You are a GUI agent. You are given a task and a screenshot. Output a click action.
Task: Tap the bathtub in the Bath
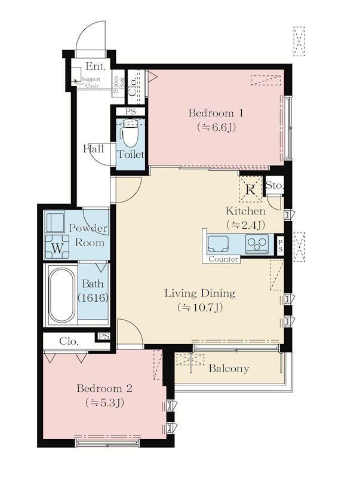pos(62,294)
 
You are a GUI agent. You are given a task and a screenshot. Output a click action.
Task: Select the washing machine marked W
pos(57,246)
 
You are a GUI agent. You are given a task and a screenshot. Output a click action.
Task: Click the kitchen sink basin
pos(218,244)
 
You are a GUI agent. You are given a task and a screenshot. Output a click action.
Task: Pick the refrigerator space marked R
pos(250,189)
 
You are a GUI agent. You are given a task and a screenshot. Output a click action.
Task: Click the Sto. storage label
pos(275,185)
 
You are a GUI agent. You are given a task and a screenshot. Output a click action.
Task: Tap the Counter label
pos(223,259)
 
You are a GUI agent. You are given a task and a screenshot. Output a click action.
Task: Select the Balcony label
pos(229,369)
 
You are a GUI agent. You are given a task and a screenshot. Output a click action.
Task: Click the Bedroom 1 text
pos(216,114)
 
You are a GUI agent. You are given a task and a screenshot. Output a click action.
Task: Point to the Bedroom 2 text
pos(104,389)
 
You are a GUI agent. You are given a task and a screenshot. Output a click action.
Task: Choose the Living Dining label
pos(200,293)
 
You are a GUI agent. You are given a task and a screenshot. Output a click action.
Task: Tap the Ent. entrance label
pos(96,66)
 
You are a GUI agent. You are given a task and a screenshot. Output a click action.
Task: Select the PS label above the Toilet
pos(130,112)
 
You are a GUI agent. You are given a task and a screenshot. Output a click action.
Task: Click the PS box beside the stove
pos(279,245)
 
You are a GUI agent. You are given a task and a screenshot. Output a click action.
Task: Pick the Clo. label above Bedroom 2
pos(69,341)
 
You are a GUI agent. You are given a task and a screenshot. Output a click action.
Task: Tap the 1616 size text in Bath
pos(93,298)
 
